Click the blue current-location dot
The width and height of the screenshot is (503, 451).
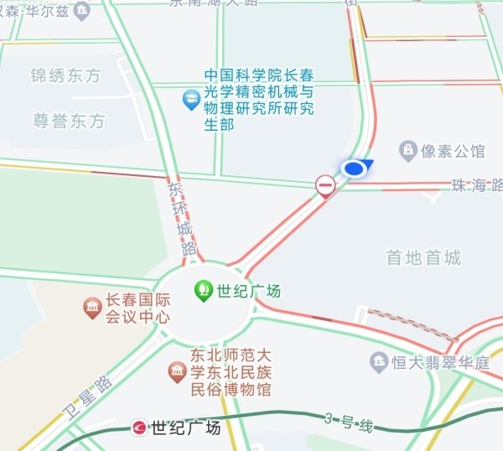[x=355, y=169]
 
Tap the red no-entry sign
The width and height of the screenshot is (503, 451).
[x=325, y=184]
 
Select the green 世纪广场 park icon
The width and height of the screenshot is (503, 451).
[x=203, y=291]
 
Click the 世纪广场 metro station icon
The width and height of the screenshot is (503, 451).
[x=140, y=428]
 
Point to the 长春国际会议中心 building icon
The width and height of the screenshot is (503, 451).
[x=92, y=308]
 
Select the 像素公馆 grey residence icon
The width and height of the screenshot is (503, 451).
[x=408, y=151]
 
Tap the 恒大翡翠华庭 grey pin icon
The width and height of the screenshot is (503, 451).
[x=379, y=363]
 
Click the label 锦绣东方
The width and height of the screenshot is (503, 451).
[x=65, y=75]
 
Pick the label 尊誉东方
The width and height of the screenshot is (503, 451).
[x=70, y=121]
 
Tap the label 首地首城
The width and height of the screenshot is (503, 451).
[x=423, y=257]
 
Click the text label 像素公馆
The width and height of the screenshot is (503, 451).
[x=455, y=152]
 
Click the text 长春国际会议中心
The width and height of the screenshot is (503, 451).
[x=137, y=308]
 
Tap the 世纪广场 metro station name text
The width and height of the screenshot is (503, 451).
[x=185, y=428]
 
